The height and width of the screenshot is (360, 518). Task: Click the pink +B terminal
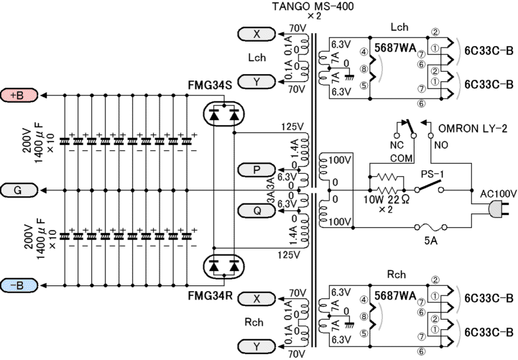[x=19, y=95]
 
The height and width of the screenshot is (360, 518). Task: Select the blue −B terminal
[x=19, y=285]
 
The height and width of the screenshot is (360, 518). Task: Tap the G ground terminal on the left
[x=19, y=190]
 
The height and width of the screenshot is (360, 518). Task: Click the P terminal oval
[x=256, y=170]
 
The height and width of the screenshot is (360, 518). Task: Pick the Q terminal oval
[x=256, y=211]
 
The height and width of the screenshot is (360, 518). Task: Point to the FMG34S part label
[x=210, y=86]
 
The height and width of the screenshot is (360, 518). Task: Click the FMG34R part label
[x=210, y=295]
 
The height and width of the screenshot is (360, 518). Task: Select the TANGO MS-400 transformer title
[x=313, y=6]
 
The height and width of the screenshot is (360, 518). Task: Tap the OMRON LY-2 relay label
[x=473, y=129]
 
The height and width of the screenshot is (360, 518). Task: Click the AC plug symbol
[x=498, y=210]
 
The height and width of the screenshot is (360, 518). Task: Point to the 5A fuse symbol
[x=431, y=227]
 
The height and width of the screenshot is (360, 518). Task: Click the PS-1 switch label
[x=433, y=174]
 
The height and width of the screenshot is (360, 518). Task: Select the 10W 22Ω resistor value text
[x=387, y=200]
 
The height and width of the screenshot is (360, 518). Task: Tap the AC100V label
[x=498, y=194]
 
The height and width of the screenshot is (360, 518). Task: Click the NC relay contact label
[x=397, y=145]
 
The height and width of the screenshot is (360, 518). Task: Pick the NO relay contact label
[x=441, y=145]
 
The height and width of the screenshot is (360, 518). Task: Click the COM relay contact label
[x=402, y=158]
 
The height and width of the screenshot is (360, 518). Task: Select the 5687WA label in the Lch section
[x=395, y=48]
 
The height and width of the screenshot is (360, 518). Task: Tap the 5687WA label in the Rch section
[x=395, y=296]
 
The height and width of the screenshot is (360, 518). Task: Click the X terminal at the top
[x=256, y=34]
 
